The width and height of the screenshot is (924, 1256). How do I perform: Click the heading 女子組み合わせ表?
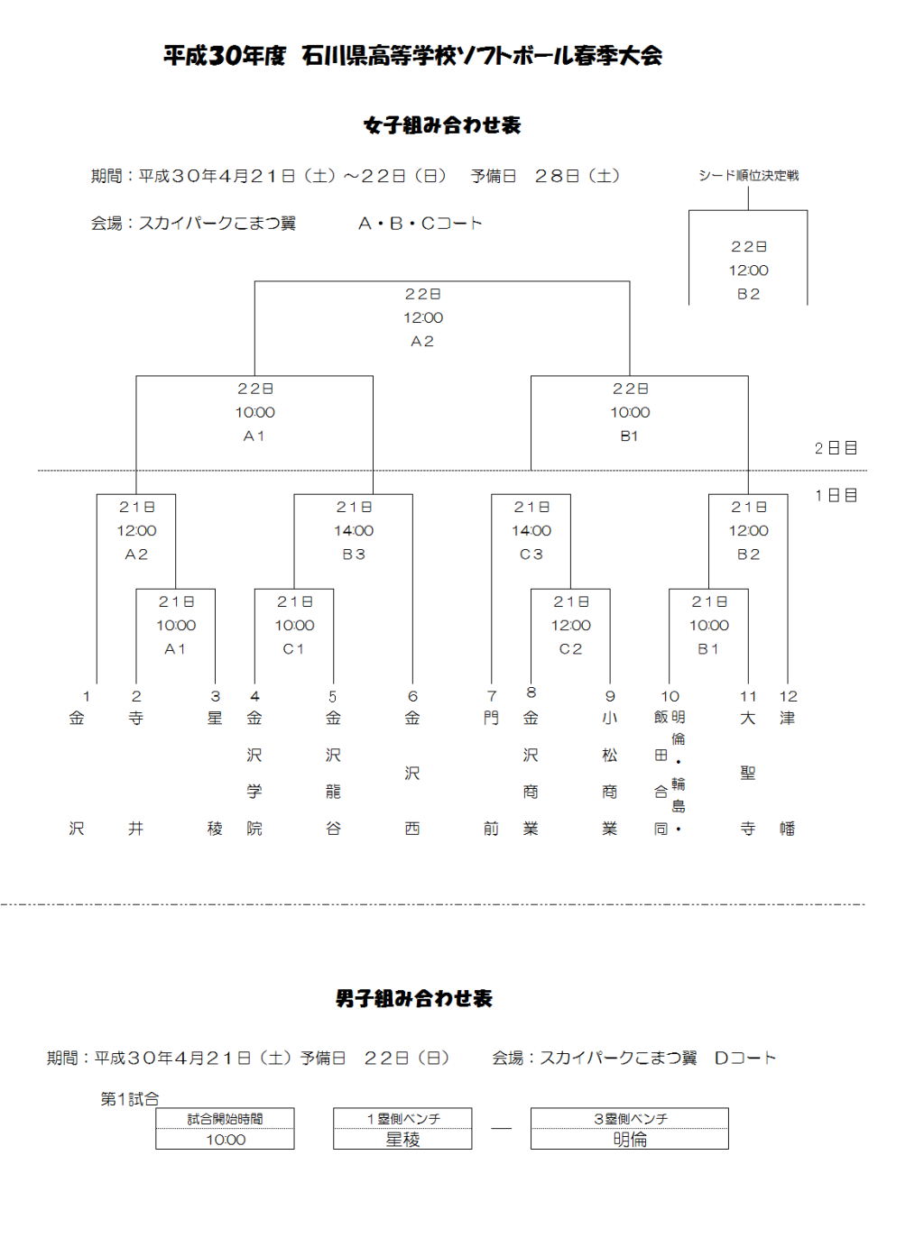click(x=442, y=124)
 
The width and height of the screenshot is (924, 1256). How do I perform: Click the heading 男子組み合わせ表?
click(x=414, y=998)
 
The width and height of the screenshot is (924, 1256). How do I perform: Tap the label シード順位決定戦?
click(x=748, y=176)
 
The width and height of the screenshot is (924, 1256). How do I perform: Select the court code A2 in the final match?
click(x=422, y=341)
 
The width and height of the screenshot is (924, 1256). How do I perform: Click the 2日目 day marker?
click(x=836, y=448)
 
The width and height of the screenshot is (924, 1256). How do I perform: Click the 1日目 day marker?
click(x=836, y=495)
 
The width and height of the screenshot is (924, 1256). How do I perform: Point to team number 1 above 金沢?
click(x=87, y=696)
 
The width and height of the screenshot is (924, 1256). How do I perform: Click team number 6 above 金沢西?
click(x=412, y=696)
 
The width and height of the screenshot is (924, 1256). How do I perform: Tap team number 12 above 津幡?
click(x=788, y=696)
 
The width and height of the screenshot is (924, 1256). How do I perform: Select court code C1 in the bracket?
click(x=293, y=649)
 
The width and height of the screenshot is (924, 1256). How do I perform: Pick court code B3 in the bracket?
click(x=354, y=554)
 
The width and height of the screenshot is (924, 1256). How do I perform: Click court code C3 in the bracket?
click(x=531, y=554)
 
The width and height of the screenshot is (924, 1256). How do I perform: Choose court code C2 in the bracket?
click(x=570, y=649)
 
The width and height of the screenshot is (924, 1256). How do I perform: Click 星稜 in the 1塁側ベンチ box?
click(x=402, y=1140)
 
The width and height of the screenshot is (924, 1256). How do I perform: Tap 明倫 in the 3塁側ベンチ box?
click(x=630, y=1140)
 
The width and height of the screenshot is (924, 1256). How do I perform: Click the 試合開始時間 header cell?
click(x=225, y=1119)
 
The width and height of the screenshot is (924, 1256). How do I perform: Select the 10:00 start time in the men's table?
click(x=226, y=1140)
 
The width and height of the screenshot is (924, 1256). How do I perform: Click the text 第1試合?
click(x=130, y=1099)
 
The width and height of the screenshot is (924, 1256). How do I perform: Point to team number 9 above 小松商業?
click(x=610, y=696)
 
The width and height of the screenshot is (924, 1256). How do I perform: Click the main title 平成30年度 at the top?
click(x=225, y=56)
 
